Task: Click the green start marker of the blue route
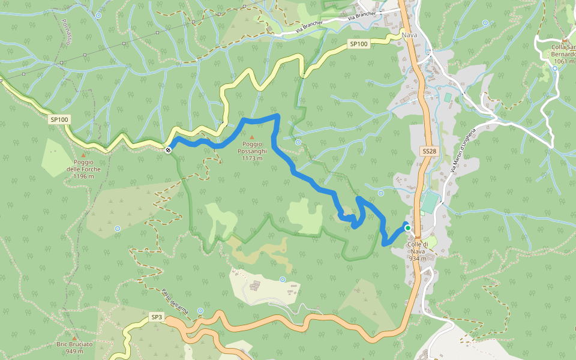tap(408, 228)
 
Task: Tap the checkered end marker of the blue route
tap(168, 149)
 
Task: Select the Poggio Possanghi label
tap(253, 151)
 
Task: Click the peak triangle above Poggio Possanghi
tap(252, 138)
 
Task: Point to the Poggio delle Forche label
tap(83, 169)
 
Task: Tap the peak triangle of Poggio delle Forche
tap(83, 155)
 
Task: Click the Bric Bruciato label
tap(74, 347)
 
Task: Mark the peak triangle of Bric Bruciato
tap(74, 337)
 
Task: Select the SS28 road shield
tap(428, 152)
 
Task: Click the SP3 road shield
tap(157, 316)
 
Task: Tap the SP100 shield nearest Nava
tap(358, 44)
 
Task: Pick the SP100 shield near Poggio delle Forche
tap(59, 119)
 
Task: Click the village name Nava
tap(410, 35)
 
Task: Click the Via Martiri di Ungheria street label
tap(463, 152)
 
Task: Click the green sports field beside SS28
tap(429, 203)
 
